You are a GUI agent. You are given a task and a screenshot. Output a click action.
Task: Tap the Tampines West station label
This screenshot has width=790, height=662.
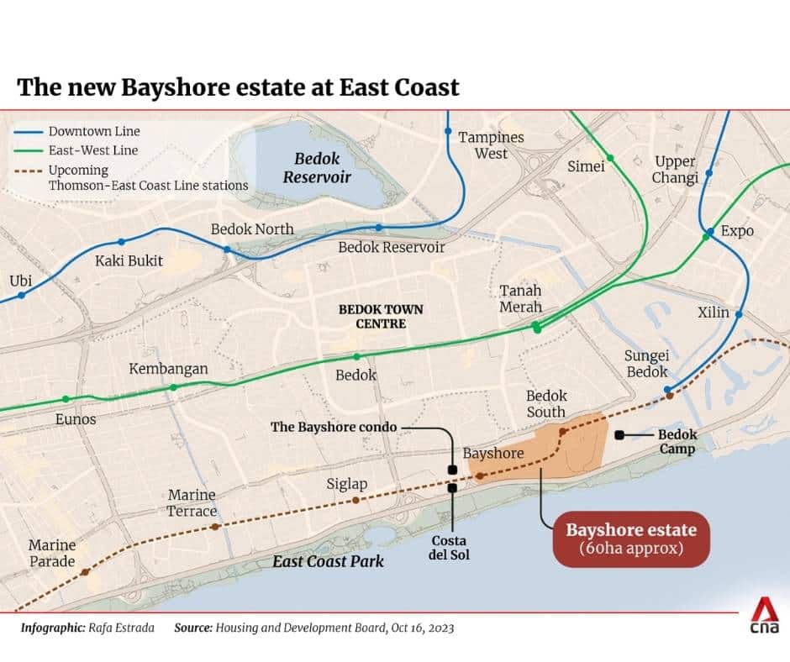tap(491, 145)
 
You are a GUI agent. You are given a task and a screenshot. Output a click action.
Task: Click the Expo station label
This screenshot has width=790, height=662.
tap(738, 231)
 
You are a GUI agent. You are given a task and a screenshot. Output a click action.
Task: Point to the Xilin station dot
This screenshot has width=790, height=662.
tap(739, 314)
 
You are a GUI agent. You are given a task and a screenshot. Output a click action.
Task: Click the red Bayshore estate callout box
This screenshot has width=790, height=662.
tap(631, 539)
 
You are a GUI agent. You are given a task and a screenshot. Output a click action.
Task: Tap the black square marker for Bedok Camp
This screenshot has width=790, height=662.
tap(619, 434)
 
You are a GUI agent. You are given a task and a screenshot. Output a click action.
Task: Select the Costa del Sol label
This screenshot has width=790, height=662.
tap(449, 548)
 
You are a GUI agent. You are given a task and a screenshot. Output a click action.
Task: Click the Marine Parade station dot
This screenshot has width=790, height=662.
tap(86, 572)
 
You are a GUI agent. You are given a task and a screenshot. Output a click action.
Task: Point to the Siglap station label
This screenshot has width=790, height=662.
tap(347, 484)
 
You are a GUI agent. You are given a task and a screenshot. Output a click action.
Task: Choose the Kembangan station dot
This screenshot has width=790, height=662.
tap(173, 387)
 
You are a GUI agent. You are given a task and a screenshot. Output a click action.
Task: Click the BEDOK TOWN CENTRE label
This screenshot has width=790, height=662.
tap(381, 316)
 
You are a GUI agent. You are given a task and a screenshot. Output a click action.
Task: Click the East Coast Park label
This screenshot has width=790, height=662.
tap(328, 561)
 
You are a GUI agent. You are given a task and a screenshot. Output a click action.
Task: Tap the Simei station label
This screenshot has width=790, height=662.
tap(586, 166)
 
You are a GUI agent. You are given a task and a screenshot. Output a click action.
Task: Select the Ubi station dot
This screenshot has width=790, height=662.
tap(21, 295)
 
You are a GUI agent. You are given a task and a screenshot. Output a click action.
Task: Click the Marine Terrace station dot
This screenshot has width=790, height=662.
tap(216, 527)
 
